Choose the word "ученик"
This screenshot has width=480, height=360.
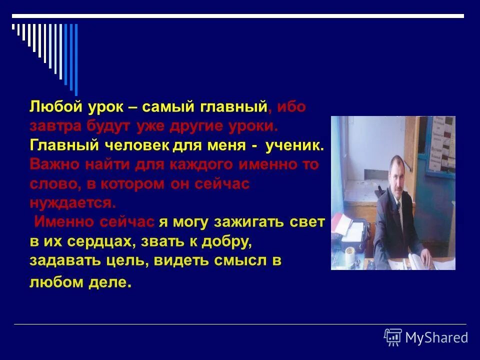pos(295,145)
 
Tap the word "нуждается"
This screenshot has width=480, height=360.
pos(73,202)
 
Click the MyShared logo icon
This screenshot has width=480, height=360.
pos(392,337)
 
